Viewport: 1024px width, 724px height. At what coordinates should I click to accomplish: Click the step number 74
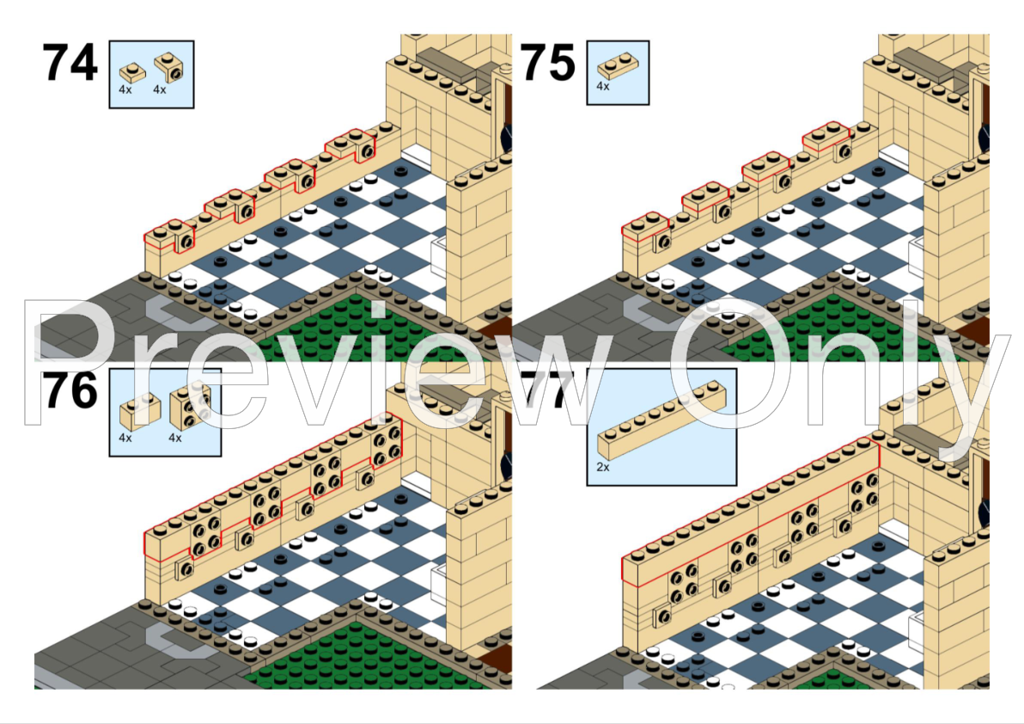(x=70, y=63)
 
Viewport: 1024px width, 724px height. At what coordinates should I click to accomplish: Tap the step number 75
(x=548, y=63)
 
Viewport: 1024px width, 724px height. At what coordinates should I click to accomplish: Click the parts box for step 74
(x=151, y=74)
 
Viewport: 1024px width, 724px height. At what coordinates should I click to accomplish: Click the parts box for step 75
(x=618, y=72)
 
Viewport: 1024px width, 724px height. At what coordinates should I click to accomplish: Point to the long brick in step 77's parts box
(x=661, y=420)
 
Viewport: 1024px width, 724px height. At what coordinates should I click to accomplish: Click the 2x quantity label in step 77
(x=603, y=467)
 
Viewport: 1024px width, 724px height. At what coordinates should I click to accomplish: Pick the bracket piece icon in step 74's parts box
(x=169, y=67)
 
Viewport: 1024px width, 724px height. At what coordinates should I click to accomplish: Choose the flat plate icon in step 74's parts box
(x=133, y=72)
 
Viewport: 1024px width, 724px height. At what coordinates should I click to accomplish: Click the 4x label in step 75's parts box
(x=603, y=86)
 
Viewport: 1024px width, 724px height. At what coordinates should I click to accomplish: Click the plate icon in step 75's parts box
(x=618, y=64)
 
